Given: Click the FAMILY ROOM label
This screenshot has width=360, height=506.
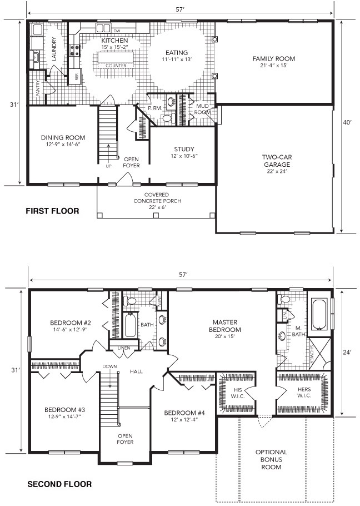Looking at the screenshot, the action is (274, 59).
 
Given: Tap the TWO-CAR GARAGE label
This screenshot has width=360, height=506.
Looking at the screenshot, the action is (277, 161).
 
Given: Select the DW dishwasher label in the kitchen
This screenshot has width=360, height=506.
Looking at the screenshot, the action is (117, 31).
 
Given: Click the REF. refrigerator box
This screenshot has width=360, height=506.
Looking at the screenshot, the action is (76, 77).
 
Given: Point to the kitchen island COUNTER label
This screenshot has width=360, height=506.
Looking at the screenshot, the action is (116, 66).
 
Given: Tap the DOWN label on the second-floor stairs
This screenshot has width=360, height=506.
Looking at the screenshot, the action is (109, 366).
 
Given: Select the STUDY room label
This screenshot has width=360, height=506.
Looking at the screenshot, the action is (184, 149).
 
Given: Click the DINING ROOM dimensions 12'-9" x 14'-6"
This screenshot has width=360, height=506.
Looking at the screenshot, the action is (63, 144).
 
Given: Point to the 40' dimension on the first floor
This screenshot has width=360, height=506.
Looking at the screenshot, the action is (347, 122).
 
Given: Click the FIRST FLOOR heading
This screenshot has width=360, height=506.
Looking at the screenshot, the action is (52, 211).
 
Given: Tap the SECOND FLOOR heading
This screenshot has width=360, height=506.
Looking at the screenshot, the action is (59, 484).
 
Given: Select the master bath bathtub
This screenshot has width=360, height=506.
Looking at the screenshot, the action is (320, 315).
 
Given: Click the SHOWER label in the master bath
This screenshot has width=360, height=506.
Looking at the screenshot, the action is (312, 355).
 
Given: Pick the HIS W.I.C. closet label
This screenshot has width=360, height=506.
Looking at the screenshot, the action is (238, 393).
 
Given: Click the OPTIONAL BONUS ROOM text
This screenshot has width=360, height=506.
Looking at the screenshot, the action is (271, 459).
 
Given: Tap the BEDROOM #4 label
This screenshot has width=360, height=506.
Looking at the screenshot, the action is (184, 413).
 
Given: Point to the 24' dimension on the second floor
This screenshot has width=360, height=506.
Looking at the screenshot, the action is (347, 353).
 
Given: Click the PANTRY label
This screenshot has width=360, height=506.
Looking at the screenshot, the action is (38, 88).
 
